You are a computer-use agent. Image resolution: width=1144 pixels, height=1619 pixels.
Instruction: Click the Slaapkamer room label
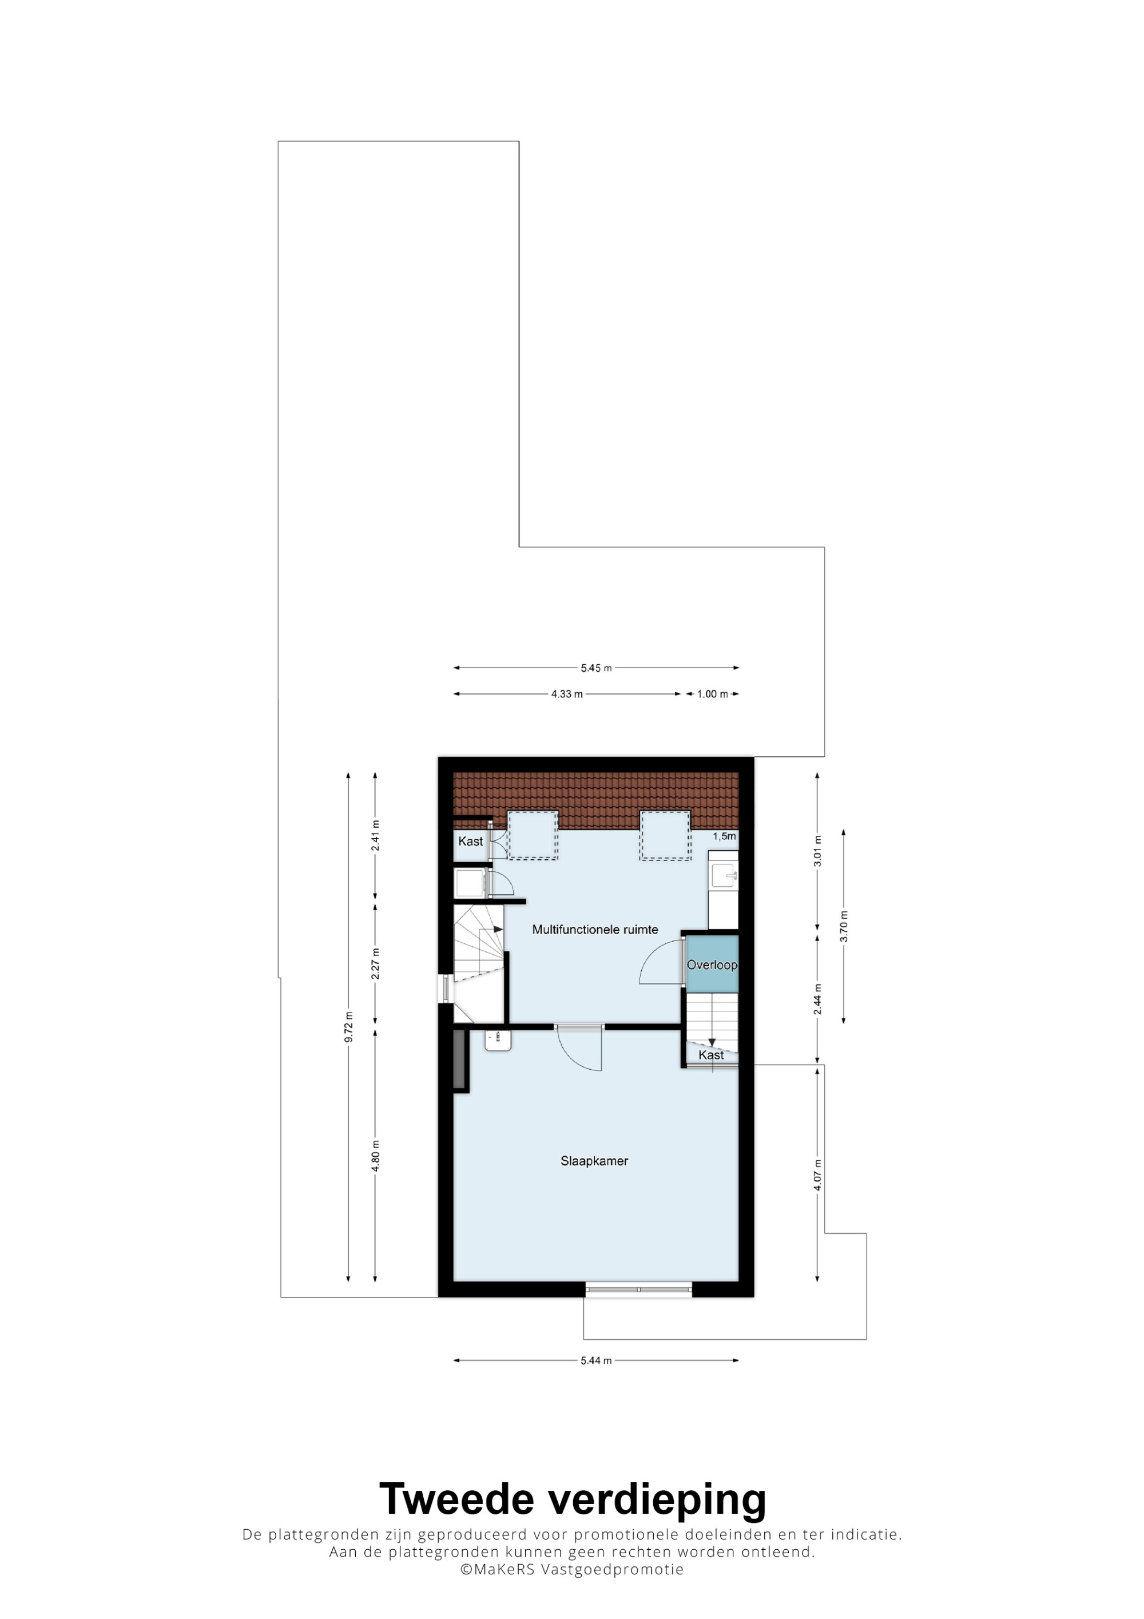click(x=594, y=1161)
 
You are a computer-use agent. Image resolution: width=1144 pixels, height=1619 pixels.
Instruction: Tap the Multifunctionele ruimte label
click(x=595, y=930)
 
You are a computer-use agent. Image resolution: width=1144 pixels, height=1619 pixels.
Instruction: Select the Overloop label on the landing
click(x=712, y=965)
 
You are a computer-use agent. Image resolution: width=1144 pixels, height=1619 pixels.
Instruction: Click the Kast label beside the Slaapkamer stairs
click(x=710, y=1055)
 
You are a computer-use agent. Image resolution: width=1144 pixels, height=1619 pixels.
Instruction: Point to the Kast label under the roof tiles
click(x=470, y=841)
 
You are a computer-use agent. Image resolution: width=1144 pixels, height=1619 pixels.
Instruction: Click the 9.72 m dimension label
click(x=348, y=1027)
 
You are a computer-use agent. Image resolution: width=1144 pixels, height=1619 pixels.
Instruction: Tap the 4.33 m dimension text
click(x=567, y=694)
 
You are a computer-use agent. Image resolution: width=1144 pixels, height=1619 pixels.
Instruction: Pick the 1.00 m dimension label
click(x=713, y=694)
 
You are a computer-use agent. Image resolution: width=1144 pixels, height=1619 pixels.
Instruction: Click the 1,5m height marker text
click(x=724, y=836)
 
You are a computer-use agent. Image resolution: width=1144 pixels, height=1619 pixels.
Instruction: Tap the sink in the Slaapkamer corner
click(x=498, y=1040)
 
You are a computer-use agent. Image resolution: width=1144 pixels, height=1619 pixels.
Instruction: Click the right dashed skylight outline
click(x=665, y=836)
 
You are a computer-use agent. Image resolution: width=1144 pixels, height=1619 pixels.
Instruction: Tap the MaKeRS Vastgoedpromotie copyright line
click(x=571, y=1569)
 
